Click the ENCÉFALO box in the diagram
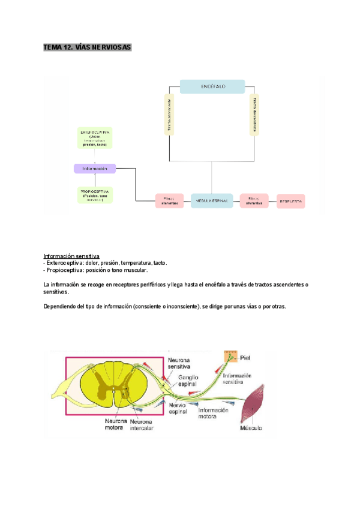point(212,86)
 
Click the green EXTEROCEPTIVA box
point(95,137)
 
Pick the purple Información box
point(95,169)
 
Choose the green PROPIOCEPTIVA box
point(95,194)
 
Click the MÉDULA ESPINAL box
point(212,201)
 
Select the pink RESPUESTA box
point(291,201)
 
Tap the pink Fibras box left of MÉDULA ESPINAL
point(169,201)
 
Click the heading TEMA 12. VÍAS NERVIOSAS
point(87,47)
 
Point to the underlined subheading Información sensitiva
point(71,256)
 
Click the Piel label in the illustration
point(245,358)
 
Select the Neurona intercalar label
point(142,425)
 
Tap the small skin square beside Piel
point(230,357)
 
